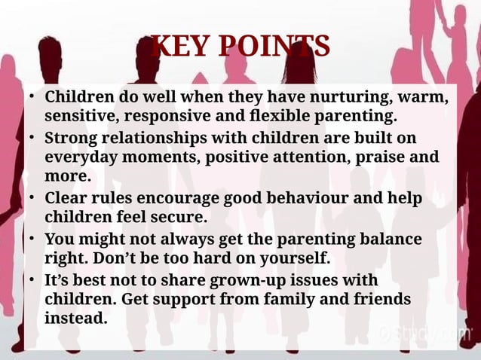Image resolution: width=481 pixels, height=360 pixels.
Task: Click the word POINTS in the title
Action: [277, 47]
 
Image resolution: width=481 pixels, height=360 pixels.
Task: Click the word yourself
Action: [295, 258]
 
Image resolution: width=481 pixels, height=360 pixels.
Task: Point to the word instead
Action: [75, 317]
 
